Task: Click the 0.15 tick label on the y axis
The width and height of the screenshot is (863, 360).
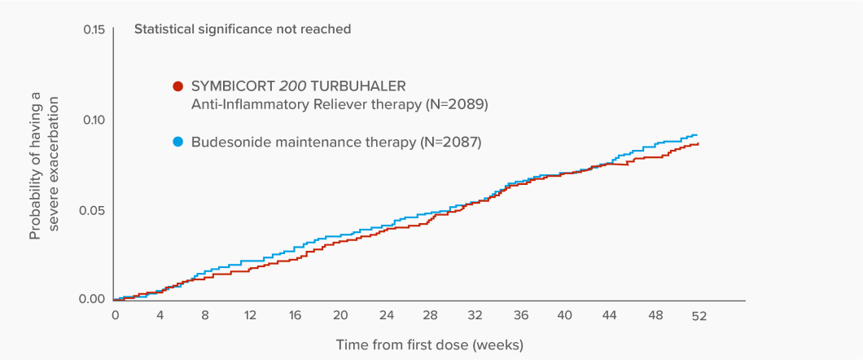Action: click(94, 30)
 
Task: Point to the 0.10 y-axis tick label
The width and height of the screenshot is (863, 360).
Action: click(94, 120)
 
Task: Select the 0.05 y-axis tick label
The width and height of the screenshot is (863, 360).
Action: click(94, 210)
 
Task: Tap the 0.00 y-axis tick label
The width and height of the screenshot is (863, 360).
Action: click(94, 299)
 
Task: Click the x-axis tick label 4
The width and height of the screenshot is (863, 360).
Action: click(160, 316)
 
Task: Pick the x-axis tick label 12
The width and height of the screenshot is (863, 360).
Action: click(250, 316)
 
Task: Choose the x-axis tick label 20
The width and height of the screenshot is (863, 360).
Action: click(340, 316)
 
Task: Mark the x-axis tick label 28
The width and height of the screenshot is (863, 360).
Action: click(431, 316)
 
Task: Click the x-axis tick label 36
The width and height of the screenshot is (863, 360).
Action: click(521, 316)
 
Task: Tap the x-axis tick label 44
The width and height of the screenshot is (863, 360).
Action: click(611, 316)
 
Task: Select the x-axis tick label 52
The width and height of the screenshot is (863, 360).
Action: click(699, 316)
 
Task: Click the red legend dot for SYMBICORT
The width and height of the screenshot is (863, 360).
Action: click(178, 86)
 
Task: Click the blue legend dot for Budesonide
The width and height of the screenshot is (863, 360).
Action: click(178, 142)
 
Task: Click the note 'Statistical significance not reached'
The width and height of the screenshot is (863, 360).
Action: click(243, 29)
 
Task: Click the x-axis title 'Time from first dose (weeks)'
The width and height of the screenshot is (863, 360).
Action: click(430, 345)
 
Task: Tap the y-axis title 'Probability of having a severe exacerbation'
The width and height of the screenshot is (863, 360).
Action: click(44, 167)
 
